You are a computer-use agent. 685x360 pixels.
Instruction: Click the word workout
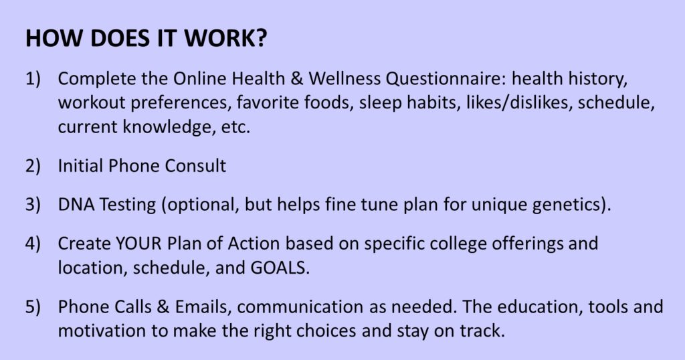coord(91,102)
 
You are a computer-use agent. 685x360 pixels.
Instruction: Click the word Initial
coord(80,166)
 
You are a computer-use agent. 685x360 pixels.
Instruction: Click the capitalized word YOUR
coord(138,244)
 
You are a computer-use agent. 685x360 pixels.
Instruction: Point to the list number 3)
coord(33,205)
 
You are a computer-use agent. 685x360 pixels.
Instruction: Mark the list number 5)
coord(33,306)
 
